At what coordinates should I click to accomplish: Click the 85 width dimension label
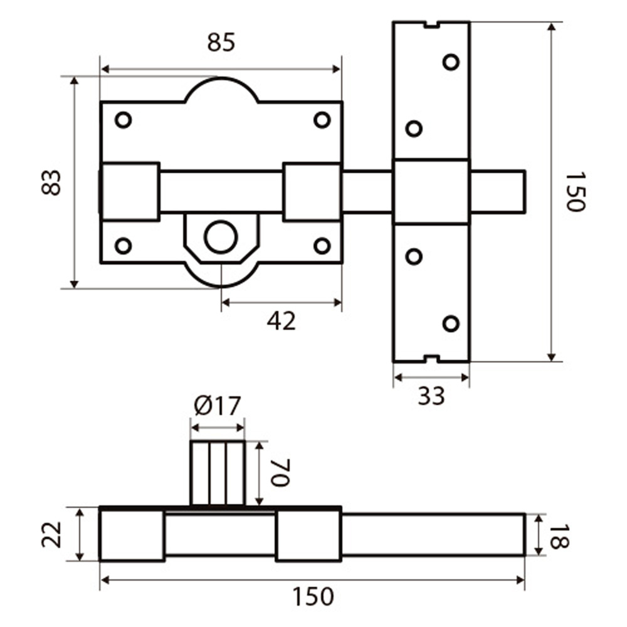point(220,43)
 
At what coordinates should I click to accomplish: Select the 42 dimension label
point(281,321)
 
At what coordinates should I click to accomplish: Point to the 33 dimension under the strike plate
point(431,396)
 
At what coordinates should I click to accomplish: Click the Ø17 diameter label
point(217,406)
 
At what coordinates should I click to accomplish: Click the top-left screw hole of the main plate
point(124,120)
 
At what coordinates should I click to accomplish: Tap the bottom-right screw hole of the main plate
point(322,246)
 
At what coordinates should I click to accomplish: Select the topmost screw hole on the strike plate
point(451,62)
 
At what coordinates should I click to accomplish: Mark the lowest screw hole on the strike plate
point(451,323)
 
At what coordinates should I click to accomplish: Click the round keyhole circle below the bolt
point(221,237)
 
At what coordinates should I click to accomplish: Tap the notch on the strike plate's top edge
point(431,25)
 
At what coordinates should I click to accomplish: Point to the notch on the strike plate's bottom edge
point(431,359)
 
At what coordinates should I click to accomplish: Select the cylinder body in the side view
point(217,473)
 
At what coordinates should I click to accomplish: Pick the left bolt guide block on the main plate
point(130,192)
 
